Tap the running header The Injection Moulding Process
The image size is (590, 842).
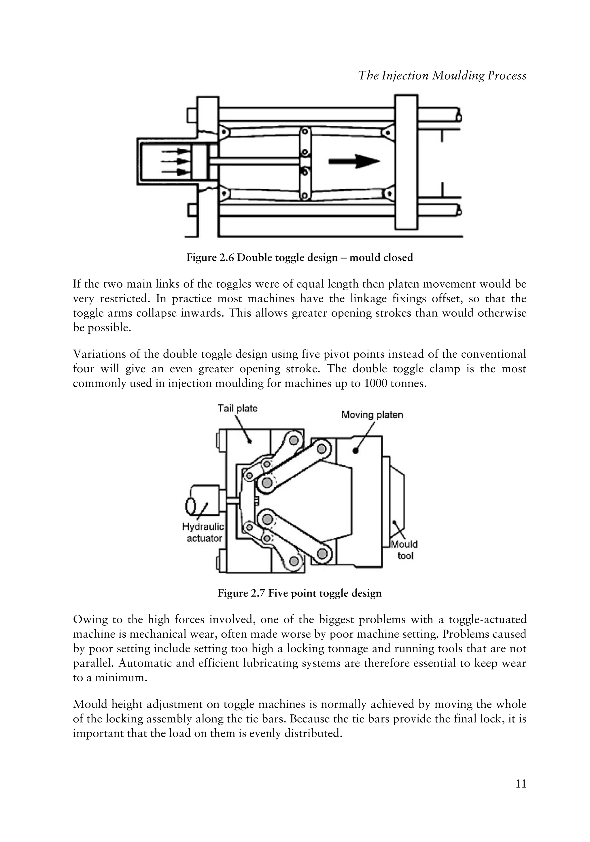[442, 75]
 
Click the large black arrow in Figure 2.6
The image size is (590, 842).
[353, 161]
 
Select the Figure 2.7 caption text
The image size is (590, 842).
[300, 593]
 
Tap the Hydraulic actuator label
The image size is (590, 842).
[203, 532]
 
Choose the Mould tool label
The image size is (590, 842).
[404, 550]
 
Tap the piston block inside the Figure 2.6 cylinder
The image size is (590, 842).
[199, 162]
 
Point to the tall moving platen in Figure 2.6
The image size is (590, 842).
[406, 161]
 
